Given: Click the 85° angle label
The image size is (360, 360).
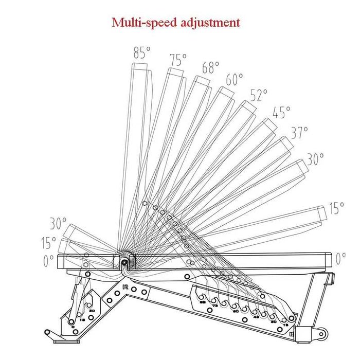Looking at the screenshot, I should click(142, 52).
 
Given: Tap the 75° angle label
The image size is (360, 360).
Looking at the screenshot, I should click(178, 60).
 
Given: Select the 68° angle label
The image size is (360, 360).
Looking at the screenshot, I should click(210, 68).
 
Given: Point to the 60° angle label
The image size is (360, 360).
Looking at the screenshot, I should click(234, 80).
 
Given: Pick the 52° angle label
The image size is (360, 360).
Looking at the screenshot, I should click(259, 95).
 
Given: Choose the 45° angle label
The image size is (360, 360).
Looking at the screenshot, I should click(281, 112).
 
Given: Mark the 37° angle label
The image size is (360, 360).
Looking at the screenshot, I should click(299, 133).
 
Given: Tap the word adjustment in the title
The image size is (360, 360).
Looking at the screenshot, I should click(212, 23).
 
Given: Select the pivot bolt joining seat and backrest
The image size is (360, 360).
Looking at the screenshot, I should click(124, 262).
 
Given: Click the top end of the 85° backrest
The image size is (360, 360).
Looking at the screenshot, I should click(140, 67).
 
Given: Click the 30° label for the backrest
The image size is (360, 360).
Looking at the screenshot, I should click(315, 159).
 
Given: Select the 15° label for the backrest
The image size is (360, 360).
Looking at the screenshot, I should click(336, 208).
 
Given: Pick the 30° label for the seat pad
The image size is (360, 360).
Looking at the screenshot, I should click(58, 224).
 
